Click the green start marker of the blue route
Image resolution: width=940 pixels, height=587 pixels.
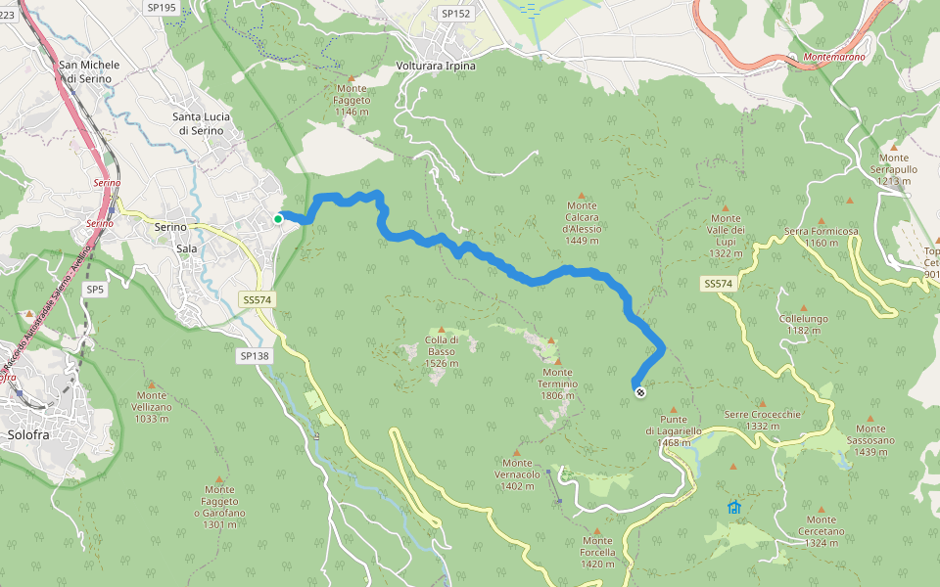pyautogui.click(x=278, y=219)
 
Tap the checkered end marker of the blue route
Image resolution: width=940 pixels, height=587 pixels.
pyautogui.click(x=639, y=392)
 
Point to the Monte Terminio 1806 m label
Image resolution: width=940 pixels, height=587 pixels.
pyautogui.click(x=557, y=378)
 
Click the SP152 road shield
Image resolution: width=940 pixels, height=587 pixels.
pyautogui.click(x=455, y=14)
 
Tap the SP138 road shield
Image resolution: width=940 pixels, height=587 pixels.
pyautogui.click(x=253, y=356)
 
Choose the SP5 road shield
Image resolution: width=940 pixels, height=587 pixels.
pyautogui.click(x=94, y=290)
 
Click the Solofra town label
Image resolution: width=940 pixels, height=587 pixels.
pyautogui.click(x=27, y=434)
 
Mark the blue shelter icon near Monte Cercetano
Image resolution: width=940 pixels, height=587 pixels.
pyautogui.click(x=734, y=507)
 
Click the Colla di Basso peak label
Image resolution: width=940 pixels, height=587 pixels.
pyautogui.click(x=441, y=351)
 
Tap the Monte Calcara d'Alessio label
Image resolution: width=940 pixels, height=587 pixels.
pyautogui.click(x=582, y=222)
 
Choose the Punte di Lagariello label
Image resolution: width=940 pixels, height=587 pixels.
pyautogui.click(x=674, y=430)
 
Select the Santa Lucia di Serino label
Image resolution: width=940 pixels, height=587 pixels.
pyautogui.click(x=202, y=123)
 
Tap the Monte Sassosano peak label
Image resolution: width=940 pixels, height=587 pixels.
pyautogui.click(x=870, y=434)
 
